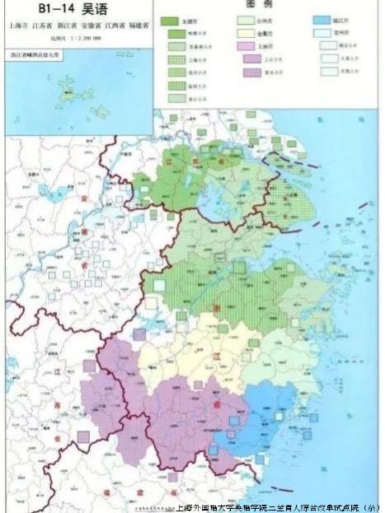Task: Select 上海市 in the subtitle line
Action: (x=18, y=26)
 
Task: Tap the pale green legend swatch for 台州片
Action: (x=246, y=21)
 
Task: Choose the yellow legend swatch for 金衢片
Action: (x=246, y=34)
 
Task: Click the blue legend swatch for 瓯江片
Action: (x=323, y=21)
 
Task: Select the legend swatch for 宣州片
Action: (x=323, y=34)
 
